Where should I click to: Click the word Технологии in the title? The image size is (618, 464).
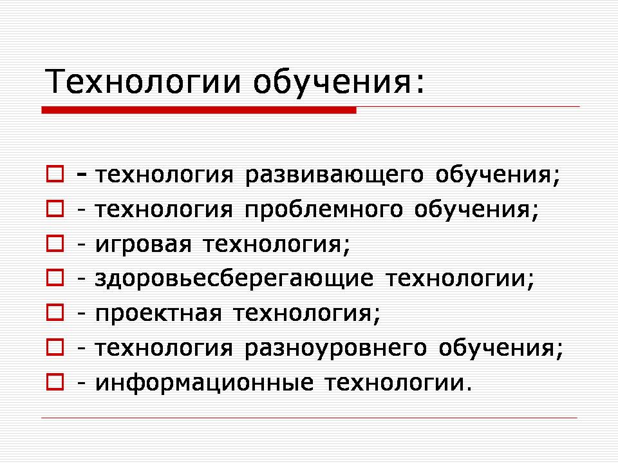(x=142, y=81)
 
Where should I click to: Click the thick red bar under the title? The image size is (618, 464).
(x=199, y=110)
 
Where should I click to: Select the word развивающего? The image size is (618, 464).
(x=334, y=175)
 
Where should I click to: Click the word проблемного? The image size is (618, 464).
(x=324, y=210)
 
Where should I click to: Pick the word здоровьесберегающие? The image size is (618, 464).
(x=234, y=278)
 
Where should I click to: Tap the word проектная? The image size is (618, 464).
(x=158, y=314)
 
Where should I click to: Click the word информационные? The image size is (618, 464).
(x=205, y=382)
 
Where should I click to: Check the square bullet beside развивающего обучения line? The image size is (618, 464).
(x=55, y=174)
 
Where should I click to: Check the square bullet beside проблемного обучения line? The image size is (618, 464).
(x=55, y=209)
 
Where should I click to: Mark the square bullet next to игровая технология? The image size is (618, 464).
(x=55, y=244)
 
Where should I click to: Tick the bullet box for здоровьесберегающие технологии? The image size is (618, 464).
(x=55, y=277)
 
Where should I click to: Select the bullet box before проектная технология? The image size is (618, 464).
(x=55, y=312)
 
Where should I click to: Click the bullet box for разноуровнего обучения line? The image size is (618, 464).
(x=55, y=347)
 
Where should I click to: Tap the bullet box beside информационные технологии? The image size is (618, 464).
(x=55, y=382)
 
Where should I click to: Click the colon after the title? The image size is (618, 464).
(x=420, y=84)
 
